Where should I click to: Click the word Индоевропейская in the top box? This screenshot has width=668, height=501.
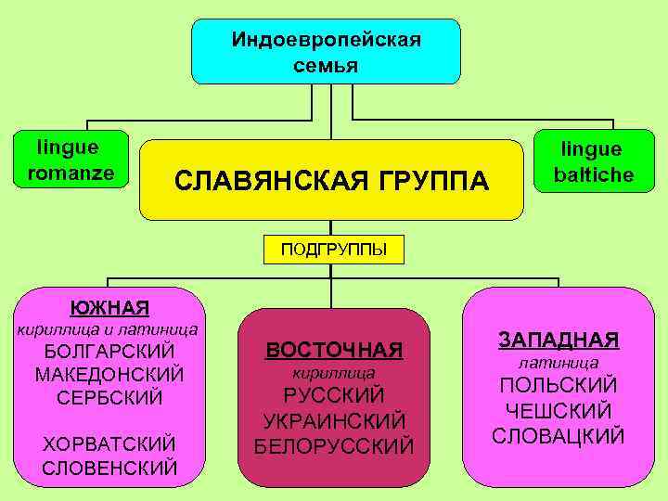click(326, 40)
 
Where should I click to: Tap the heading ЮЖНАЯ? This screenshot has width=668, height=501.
click(109, 307)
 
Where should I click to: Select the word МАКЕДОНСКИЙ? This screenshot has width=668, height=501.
click(109, 375)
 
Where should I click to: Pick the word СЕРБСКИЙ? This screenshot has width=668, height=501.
click(109, 397)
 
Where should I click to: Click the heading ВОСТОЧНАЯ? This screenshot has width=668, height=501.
click(334, 350)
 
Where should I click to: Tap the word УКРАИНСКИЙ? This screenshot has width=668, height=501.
click(334, 420)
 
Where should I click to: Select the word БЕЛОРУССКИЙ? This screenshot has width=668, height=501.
click(334, 445)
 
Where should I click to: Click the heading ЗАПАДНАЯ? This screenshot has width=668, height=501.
click(559, 340)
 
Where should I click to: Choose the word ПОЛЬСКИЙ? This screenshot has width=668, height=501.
click(559, 385)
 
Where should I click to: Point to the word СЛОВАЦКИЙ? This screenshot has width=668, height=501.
click(559, 434)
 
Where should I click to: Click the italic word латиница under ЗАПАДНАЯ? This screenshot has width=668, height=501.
click(559, 362)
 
